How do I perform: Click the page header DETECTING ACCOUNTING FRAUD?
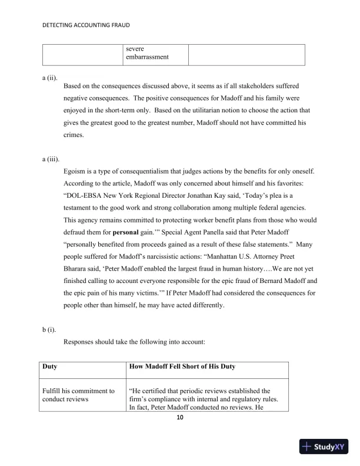pyautogui.click(x=86, y=26)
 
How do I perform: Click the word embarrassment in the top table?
pyautogui.click(x=147, y=57)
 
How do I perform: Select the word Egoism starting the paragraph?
pyautogui.click(x=75, y=171)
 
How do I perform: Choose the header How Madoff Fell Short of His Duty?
pyautogui.click(x=182, y=367)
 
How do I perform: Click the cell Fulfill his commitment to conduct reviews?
pyautogui.click(x=78, y=395)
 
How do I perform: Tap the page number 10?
pyautogui.click(x=180, y=418)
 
